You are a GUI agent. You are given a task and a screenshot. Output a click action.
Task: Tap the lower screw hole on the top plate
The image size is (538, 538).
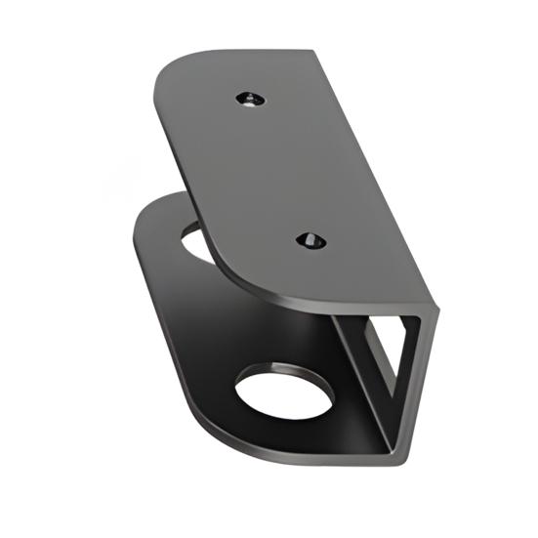click(x=310, y=240)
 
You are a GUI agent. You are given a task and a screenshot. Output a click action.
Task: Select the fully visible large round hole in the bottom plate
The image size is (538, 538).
click(x=284, y=393)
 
